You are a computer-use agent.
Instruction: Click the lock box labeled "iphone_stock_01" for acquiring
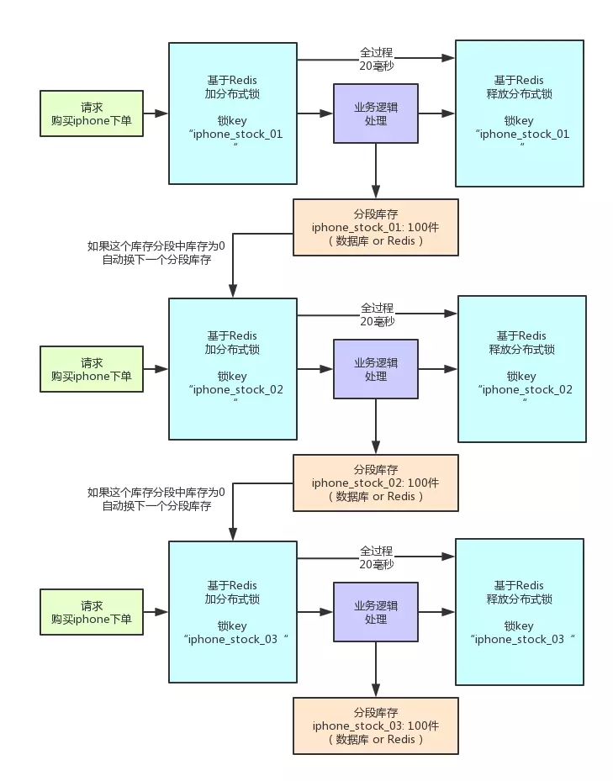[x=233, y=113]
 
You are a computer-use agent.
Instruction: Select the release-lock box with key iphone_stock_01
[x=519, y=113]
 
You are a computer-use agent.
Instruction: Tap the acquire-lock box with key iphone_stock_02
[x=233, y=368]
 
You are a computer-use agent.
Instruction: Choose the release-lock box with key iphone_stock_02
[x=521, y=368]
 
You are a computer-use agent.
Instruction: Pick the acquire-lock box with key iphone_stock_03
[x=233, y=611]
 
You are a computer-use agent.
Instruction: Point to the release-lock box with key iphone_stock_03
[x=519, y=611]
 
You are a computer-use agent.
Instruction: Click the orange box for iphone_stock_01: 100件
[x=375, y=228]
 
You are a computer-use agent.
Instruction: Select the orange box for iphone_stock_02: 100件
[x=375, y=483]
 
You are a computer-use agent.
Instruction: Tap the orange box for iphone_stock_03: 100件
[x=375, y=726]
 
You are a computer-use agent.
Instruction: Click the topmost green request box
[x=92, y=113]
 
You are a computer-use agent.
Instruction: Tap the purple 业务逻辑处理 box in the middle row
[x=376, y=368]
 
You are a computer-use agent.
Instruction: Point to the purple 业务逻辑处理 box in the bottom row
[x=376, y=611]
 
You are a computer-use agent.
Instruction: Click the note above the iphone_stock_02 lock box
[x=156, y=253]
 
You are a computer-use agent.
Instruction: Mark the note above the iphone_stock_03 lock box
[x=156, y=499]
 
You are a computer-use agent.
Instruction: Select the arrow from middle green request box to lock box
[x=156, y=368]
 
